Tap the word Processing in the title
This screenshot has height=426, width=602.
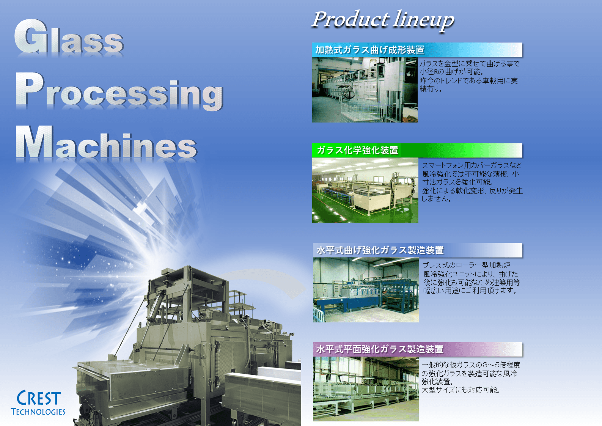(x=119, y=91)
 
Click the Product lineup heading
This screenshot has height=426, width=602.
(x=383, y=20)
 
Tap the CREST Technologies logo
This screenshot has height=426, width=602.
(x=38, y=402)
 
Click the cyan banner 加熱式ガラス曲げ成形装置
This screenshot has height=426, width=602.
(x=417, y=50)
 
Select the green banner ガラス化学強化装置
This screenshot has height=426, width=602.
(x=417, y=150)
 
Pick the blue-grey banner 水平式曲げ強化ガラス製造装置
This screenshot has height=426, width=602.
(x=418, y=250)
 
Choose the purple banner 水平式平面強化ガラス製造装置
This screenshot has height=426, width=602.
(x=418, y=349)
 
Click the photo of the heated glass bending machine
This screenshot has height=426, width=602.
(x=365, y=90)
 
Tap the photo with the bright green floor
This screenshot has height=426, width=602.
(x=365, y=190)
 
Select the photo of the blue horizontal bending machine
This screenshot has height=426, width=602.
(x=366, y=290)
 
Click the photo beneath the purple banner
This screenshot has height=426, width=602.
(x=366, y=389)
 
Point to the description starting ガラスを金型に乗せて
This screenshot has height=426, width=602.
(x=469, y=76)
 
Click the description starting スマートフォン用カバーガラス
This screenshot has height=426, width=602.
(x=472, y=182)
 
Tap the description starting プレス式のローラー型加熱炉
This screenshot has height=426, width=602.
(x=472, y=278)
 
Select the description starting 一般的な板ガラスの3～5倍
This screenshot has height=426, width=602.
(x=471, y=377)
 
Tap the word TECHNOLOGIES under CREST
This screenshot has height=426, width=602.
(x=38, y=412)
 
